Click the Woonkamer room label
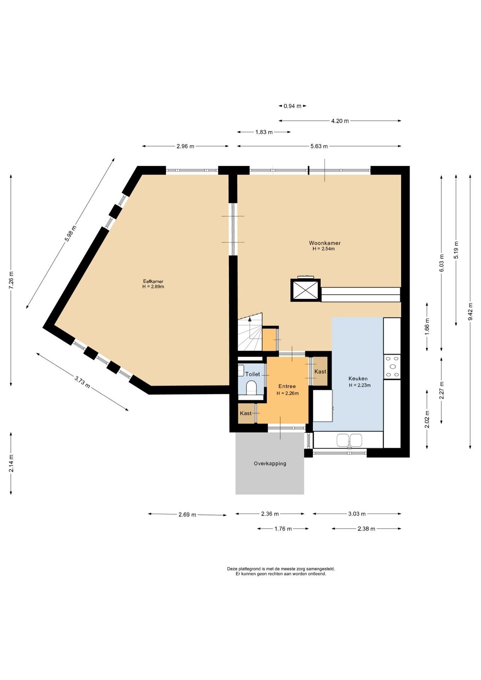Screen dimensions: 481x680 pyautogui.click(x=325, y=243)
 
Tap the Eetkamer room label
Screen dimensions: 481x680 pyautogui.click(x=153, y=282)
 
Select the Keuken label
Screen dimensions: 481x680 pyautogui.click(x=358, y=379)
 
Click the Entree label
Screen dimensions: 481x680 pyautogui.click(x=287, y=386)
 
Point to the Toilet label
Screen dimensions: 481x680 pyautogui.click(x=253, y=374)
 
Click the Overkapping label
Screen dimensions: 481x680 pyautogui.click(x=270, y=463)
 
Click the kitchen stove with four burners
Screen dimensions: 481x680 pyautogui.click(x=392, y=367)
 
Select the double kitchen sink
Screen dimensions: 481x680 pyautogui.click(x=349, y=440)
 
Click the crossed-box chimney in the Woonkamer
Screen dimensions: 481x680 pyautogui.click(x=305, y=290)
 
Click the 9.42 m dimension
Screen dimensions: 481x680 pyautogui.click(x=470, y=312)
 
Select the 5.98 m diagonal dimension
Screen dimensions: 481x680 pyautogui.click(x=70, y=233)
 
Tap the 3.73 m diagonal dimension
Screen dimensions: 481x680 pyautogui.click(x=82, y=382)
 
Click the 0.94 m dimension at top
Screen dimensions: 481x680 pyautogui.click(x=293, y=106)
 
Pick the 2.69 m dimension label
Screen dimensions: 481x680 pyautogui.click(x=187, y=515)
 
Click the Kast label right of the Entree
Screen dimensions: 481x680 pyautogui.click(x=320, y=372)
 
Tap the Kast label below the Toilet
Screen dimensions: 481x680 pyautogui.click(x=246, y=413)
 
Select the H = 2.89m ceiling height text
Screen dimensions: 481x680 pyautogui.click(x=153, y=287)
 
